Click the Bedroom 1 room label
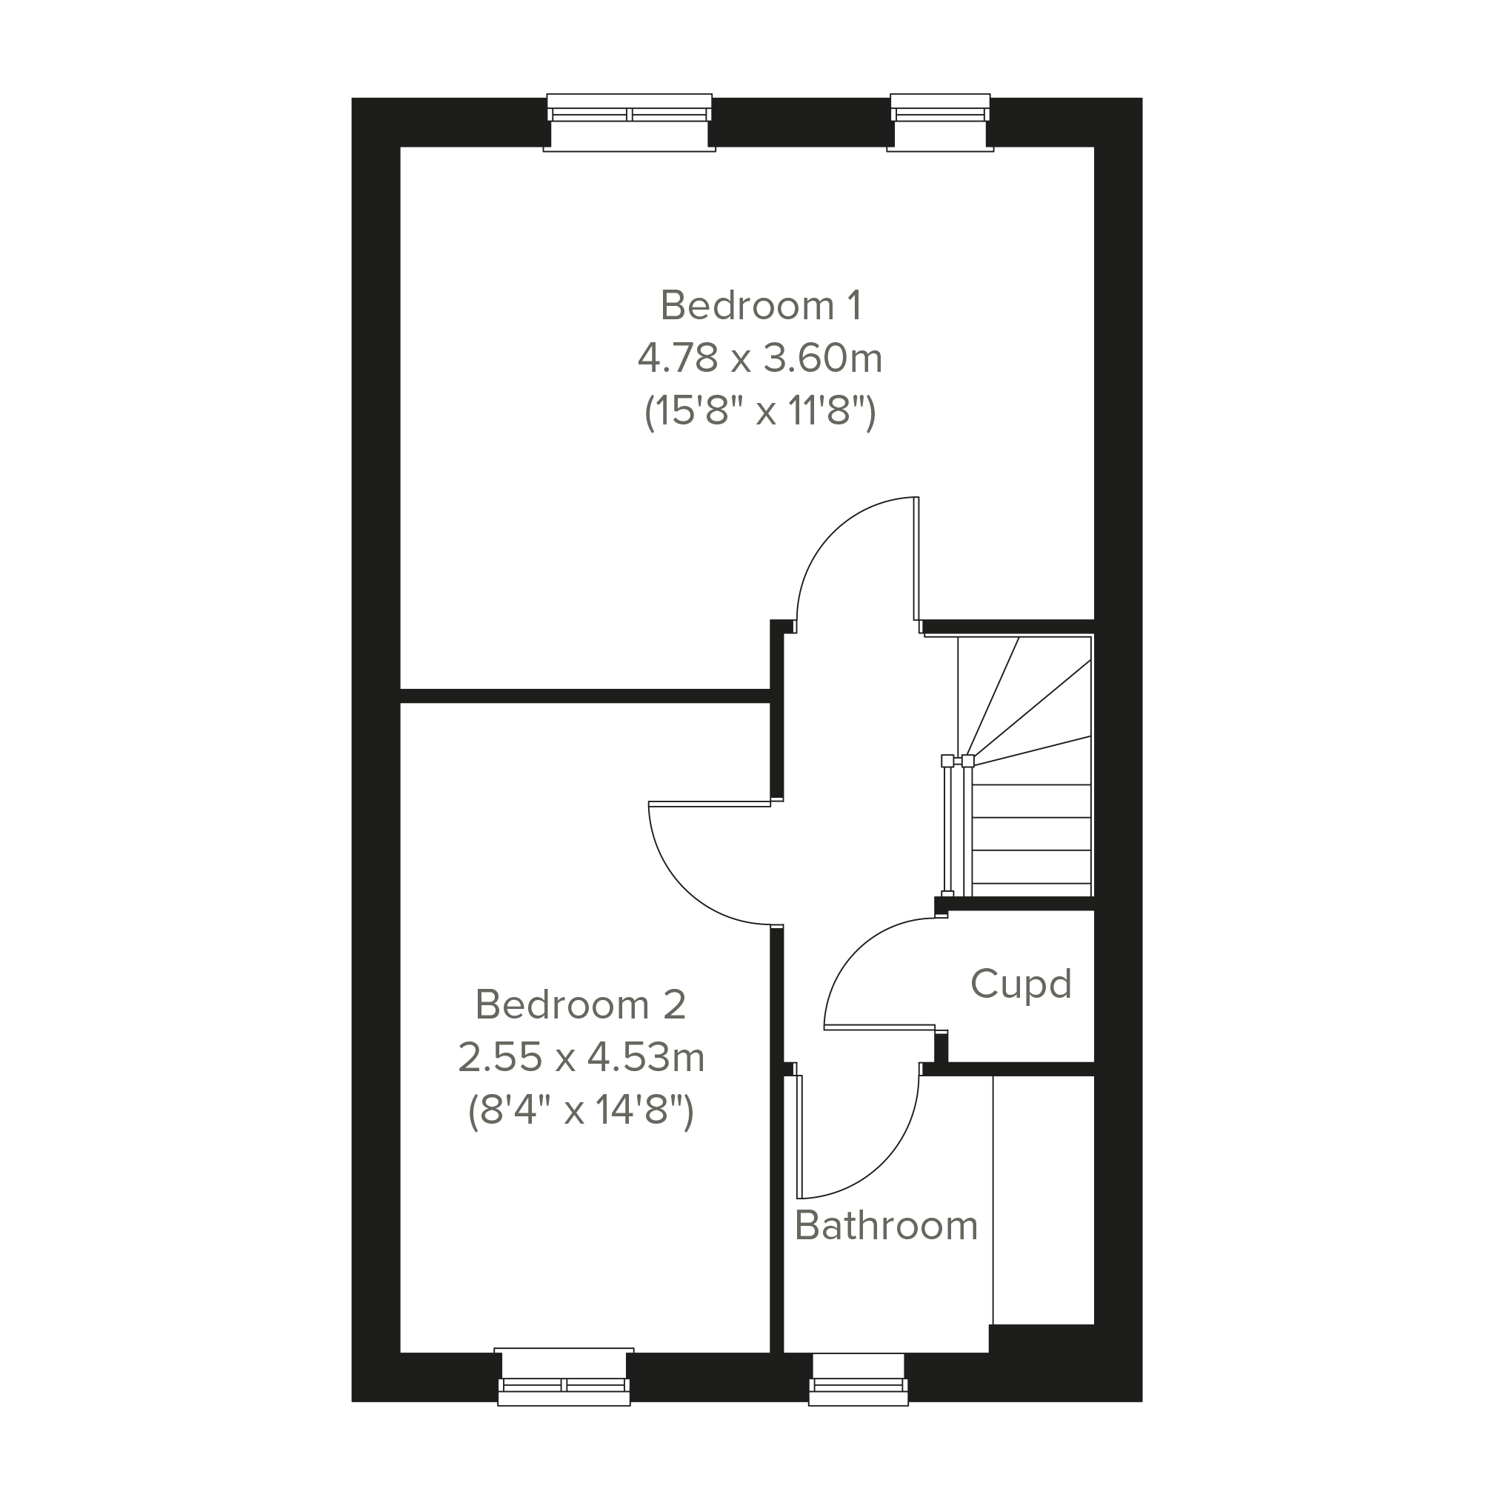[760, 305]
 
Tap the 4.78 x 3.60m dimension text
[760, 358]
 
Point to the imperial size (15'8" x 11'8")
[760, 410]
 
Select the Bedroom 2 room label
[580, 1004]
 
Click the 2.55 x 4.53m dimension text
[581, 1057]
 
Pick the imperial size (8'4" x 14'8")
[581, 1110]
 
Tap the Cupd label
[1020, 984]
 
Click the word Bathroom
[886, 1225]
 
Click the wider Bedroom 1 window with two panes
[630, 122]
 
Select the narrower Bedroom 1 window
[940, 122]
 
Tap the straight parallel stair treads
[1031, 834]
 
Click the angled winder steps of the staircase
[1025, 699]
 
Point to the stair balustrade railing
[956, 826]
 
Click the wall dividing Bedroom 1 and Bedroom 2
[584, 696]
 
